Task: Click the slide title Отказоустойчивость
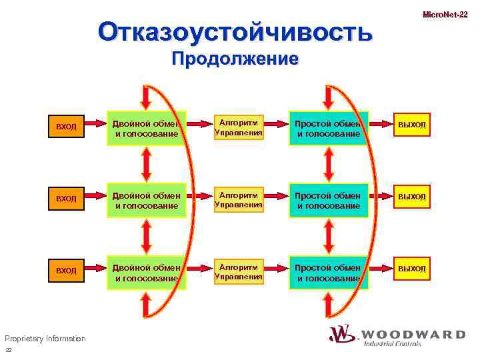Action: pyautogui.click(x=234, y=32)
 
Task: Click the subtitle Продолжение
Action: pyautogui.click(x=234, y=59)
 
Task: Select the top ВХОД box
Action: pyautogui.click(x=67, y=126)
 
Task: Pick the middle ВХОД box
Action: pyautogui.click(x=67, y=199)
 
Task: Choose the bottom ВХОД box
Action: pyautogui.click(x=67, y=271)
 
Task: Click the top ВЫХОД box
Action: pyautogui.click(x=411, y=125)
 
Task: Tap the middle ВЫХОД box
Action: pyautogui.click(x=411, y=197)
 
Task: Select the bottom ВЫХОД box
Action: pyautogui.click(x=411, y=269)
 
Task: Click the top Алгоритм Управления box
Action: pyautogui.click(x=239, y=127)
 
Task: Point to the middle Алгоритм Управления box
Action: pyautogui.click(x=239, y=199)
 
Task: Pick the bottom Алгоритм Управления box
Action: pyautogui.click(x=239, y=271)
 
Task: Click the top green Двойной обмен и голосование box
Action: pyautogui.click(x=147, y=128)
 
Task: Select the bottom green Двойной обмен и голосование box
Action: pyautogui.click(x=147, y=273)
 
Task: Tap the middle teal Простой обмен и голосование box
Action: pyautogui.click(x=328, y=201)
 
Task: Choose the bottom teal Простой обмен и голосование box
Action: pyautogui.click(x=328, y=273)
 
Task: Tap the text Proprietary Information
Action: pyautogui.click(x=45, y=339)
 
